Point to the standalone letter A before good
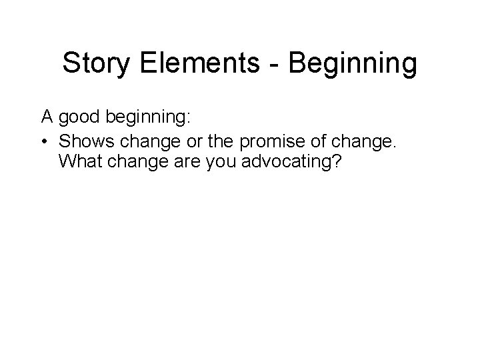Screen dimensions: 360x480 click(x=47, y=117)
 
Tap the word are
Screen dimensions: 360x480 click(x=178, y=162)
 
